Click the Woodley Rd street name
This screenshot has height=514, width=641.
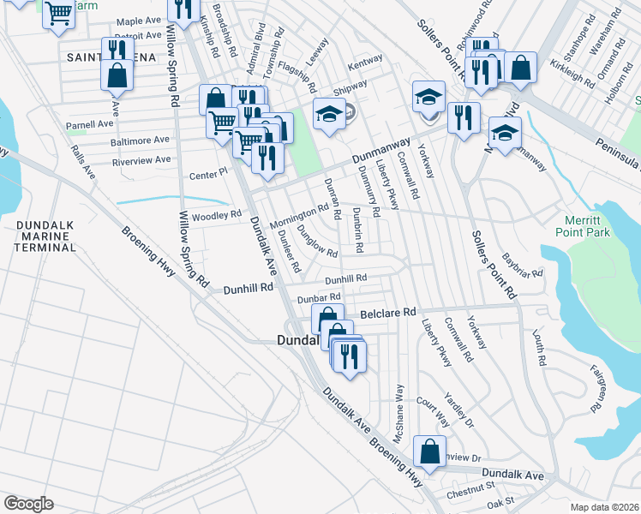point(216,215)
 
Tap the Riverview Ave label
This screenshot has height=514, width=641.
point(141,159)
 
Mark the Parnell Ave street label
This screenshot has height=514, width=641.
point(90,124)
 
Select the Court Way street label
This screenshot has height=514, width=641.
point(433,412)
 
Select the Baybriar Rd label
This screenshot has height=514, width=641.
point(523,266)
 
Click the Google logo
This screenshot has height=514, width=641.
point(28,503)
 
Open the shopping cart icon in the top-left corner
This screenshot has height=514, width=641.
point(58,12)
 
